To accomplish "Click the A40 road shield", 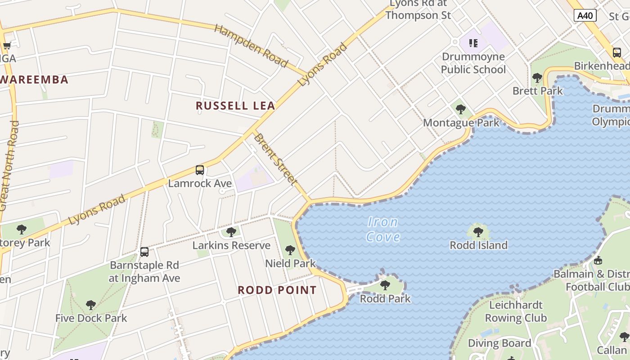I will (585, 16).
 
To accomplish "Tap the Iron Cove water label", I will (383, 229).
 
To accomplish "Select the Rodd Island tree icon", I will (478, 232).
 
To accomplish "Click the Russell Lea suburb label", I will (235, 106).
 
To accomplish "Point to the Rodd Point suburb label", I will (277, 290).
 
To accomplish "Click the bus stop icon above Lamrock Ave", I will (200, 170).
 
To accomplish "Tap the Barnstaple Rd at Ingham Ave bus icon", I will (144, 252).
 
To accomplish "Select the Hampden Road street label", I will (251, 46).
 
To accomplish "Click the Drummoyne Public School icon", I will (473, 43).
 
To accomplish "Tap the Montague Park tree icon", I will (460, 109).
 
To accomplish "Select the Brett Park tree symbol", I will (537, 77).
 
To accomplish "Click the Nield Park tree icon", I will (290, 250).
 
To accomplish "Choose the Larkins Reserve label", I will (231, 245).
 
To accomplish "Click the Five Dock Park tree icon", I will (91, 305).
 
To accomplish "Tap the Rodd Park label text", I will (385, 298).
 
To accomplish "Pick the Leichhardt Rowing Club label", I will (515, 311).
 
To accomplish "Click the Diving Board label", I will (499, 343).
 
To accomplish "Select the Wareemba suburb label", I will (34, 80).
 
